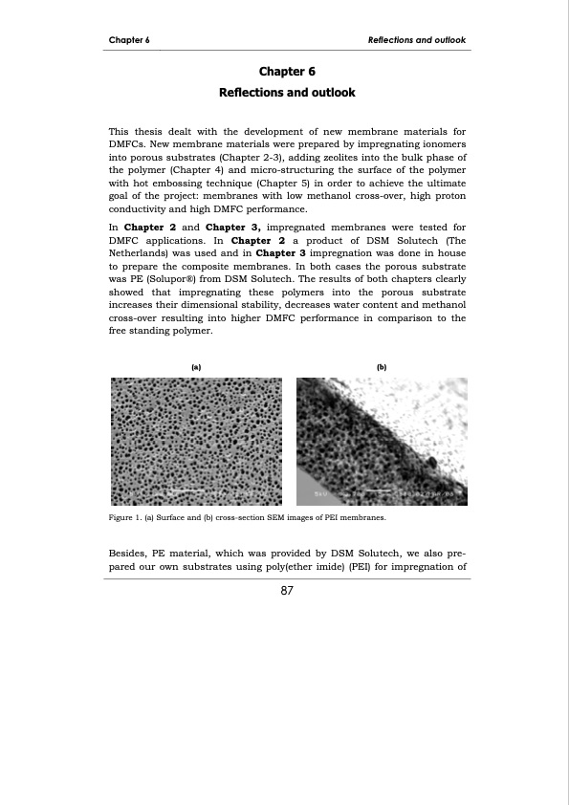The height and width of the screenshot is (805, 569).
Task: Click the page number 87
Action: [x=286, y=591]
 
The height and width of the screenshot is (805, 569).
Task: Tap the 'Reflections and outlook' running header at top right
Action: [x=417, y=40]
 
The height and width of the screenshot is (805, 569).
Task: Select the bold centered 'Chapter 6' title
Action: [x=287, y=72]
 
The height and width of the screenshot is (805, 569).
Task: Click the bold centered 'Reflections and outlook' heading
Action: [x=287, y=93]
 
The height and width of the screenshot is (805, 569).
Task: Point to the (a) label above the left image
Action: [x=196, y=366]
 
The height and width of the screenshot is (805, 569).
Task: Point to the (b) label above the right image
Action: [x=381, y=366]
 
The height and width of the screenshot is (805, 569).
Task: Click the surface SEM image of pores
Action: [x=196, y=440]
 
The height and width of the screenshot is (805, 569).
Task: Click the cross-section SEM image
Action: [x=381, y=440]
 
